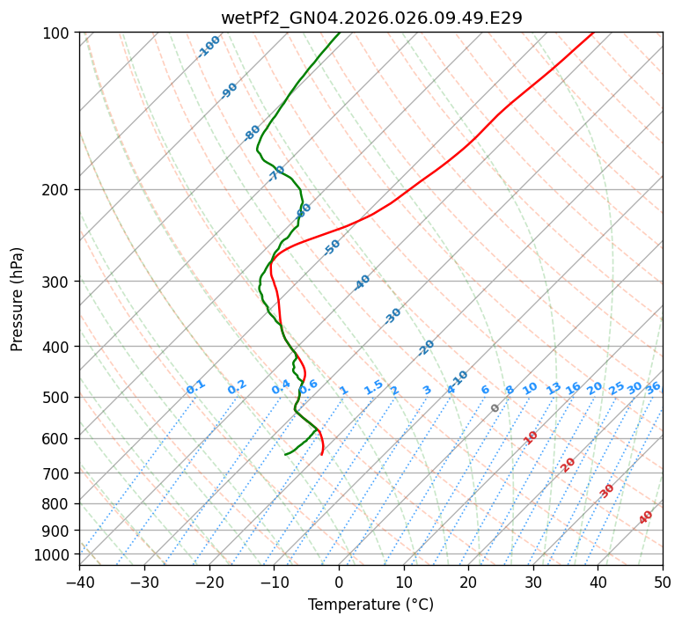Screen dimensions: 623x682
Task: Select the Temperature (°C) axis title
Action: pos(370,605)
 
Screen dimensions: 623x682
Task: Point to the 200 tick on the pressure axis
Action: pos(60,189)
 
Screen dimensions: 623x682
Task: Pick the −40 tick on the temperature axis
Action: pos(79,582)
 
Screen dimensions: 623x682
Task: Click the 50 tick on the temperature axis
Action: pos(663,582)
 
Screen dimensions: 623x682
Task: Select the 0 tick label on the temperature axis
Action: pos(339,582)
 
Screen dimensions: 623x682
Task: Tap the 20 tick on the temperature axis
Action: pos(468,582)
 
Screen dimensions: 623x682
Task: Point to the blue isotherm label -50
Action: pos(332,247)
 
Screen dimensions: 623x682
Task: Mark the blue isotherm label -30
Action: pos(393,316)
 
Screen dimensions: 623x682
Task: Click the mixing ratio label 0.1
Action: pos(195,387)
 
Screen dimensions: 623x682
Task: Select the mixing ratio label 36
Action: pos(653,387)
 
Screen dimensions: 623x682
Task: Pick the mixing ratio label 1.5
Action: pos(373,387)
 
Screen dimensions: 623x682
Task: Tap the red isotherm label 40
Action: pos(646,517)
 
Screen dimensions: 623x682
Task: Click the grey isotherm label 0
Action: pos(495,408)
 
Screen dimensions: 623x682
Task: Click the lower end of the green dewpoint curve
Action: pos(285,455)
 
